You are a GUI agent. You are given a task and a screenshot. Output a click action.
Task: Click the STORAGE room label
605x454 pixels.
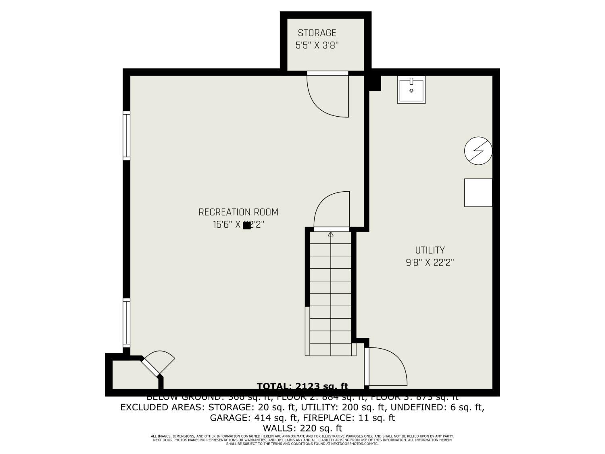[x=317, y=33]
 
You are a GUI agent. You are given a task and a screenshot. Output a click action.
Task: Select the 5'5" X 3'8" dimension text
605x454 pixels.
[x=317, y=45]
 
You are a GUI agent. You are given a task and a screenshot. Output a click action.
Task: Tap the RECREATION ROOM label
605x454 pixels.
[x=238, y=212]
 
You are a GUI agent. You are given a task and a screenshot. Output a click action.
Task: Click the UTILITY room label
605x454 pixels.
[x=430, y=250]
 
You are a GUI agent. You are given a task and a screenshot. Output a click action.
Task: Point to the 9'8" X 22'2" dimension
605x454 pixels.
[x=430, y=263]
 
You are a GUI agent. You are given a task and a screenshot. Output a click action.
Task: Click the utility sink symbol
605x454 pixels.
[x=411, y=90]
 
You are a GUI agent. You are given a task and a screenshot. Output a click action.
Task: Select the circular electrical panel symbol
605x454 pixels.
[x=478, y=151]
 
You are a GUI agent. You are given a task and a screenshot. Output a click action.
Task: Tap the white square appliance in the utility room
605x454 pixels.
[x=478, y=192]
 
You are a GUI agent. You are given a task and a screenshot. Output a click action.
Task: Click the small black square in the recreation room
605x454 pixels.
[x=246, y=226]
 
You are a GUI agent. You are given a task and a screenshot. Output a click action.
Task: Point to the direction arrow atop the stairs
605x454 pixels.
[x=331, y=234]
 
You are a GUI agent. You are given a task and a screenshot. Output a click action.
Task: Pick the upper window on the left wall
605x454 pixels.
[x=127, y=136]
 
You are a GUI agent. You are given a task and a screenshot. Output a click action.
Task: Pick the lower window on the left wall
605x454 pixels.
[x=127, y=322]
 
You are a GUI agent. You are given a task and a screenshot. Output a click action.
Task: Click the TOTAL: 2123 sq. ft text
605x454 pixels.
[x=302, y=386]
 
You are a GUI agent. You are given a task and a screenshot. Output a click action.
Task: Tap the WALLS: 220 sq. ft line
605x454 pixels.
[x=302, y=428]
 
